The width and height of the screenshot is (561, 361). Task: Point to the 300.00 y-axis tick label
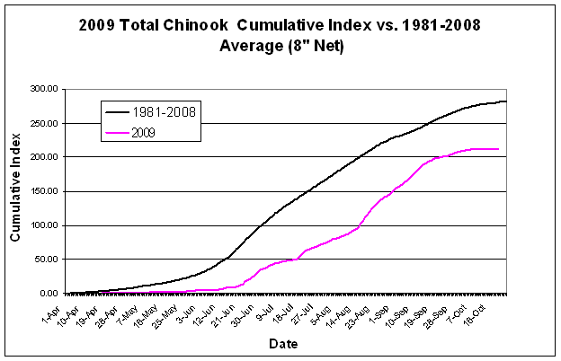click(x=43, y=89)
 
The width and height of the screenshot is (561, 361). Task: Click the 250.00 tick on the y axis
click(x=43, y=123)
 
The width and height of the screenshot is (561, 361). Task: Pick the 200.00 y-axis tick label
click(x=43, y=157)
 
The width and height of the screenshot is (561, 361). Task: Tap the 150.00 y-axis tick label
click(x=43, y=191)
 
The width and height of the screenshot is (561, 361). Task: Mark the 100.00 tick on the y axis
click(x=43, y=225)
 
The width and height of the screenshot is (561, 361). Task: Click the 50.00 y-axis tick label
click(x=46, y=260)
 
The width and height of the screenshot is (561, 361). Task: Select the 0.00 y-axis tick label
click(x=49, y=294)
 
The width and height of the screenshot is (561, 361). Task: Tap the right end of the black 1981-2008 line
click(x=506, y=101)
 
